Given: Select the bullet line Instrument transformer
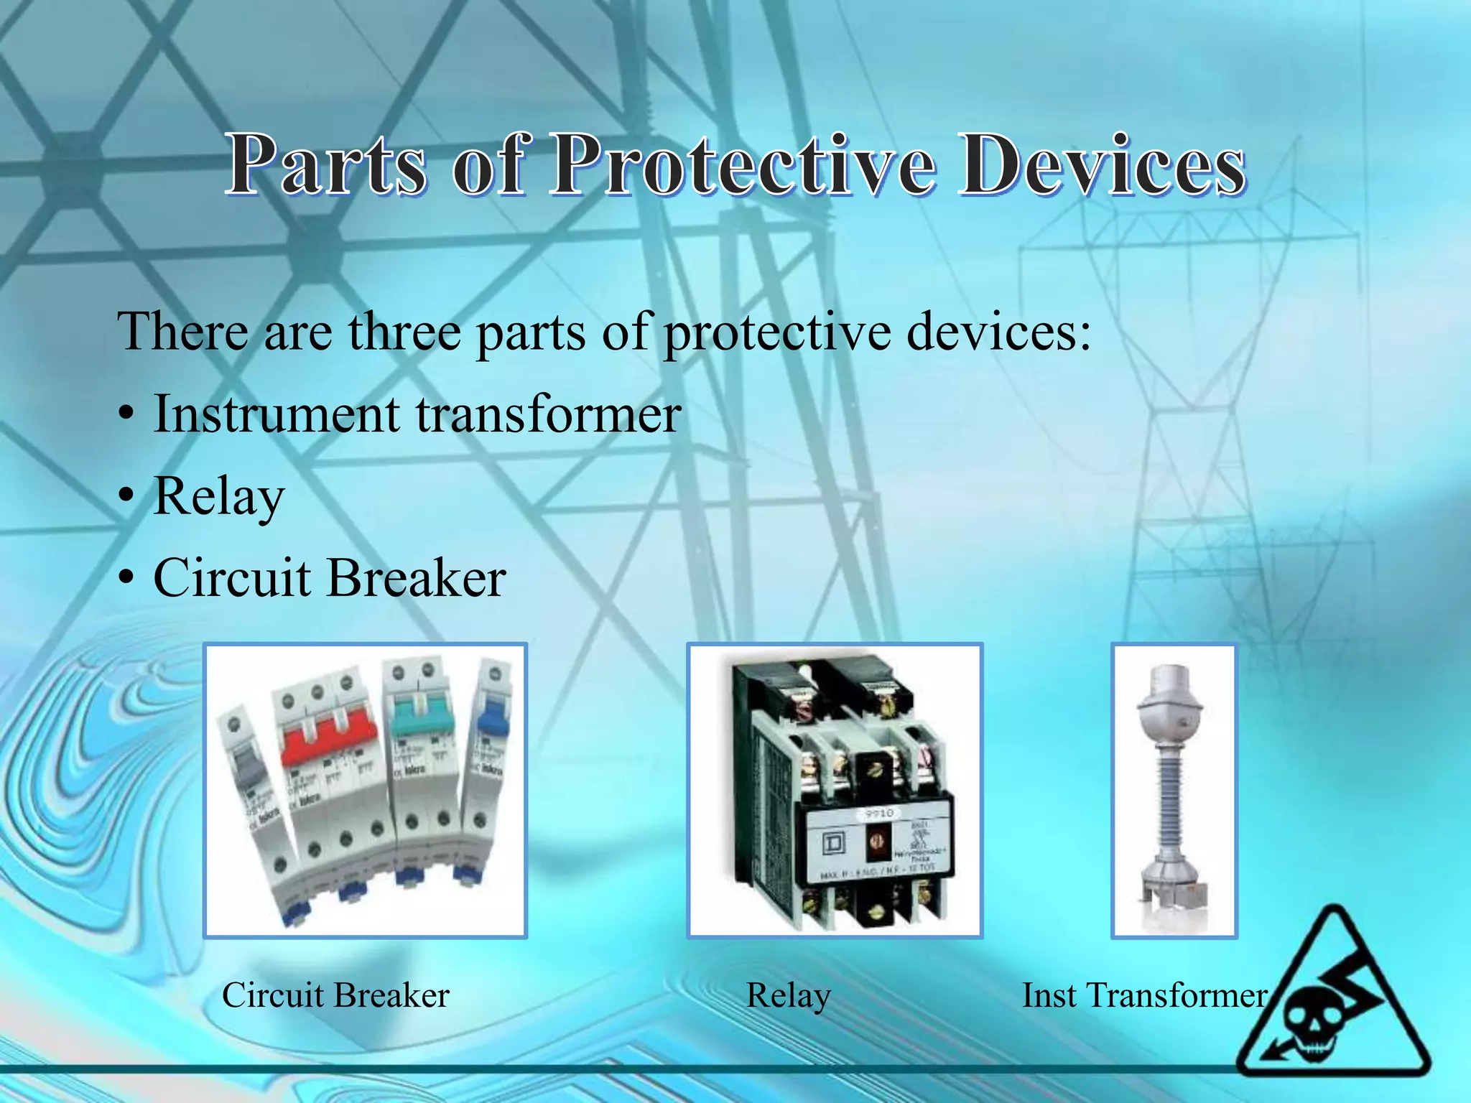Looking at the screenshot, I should click(x=417, y=414).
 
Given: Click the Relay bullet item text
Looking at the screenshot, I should click(x=219, y=497).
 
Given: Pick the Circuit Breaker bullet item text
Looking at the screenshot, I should click(x=329, y=578).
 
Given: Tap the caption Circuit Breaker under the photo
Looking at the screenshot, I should click(x=335, y=995).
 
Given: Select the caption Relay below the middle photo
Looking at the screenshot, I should click(x=788, y=995).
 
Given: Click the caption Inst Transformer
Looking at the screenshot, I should click(x=1144, y=995).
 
